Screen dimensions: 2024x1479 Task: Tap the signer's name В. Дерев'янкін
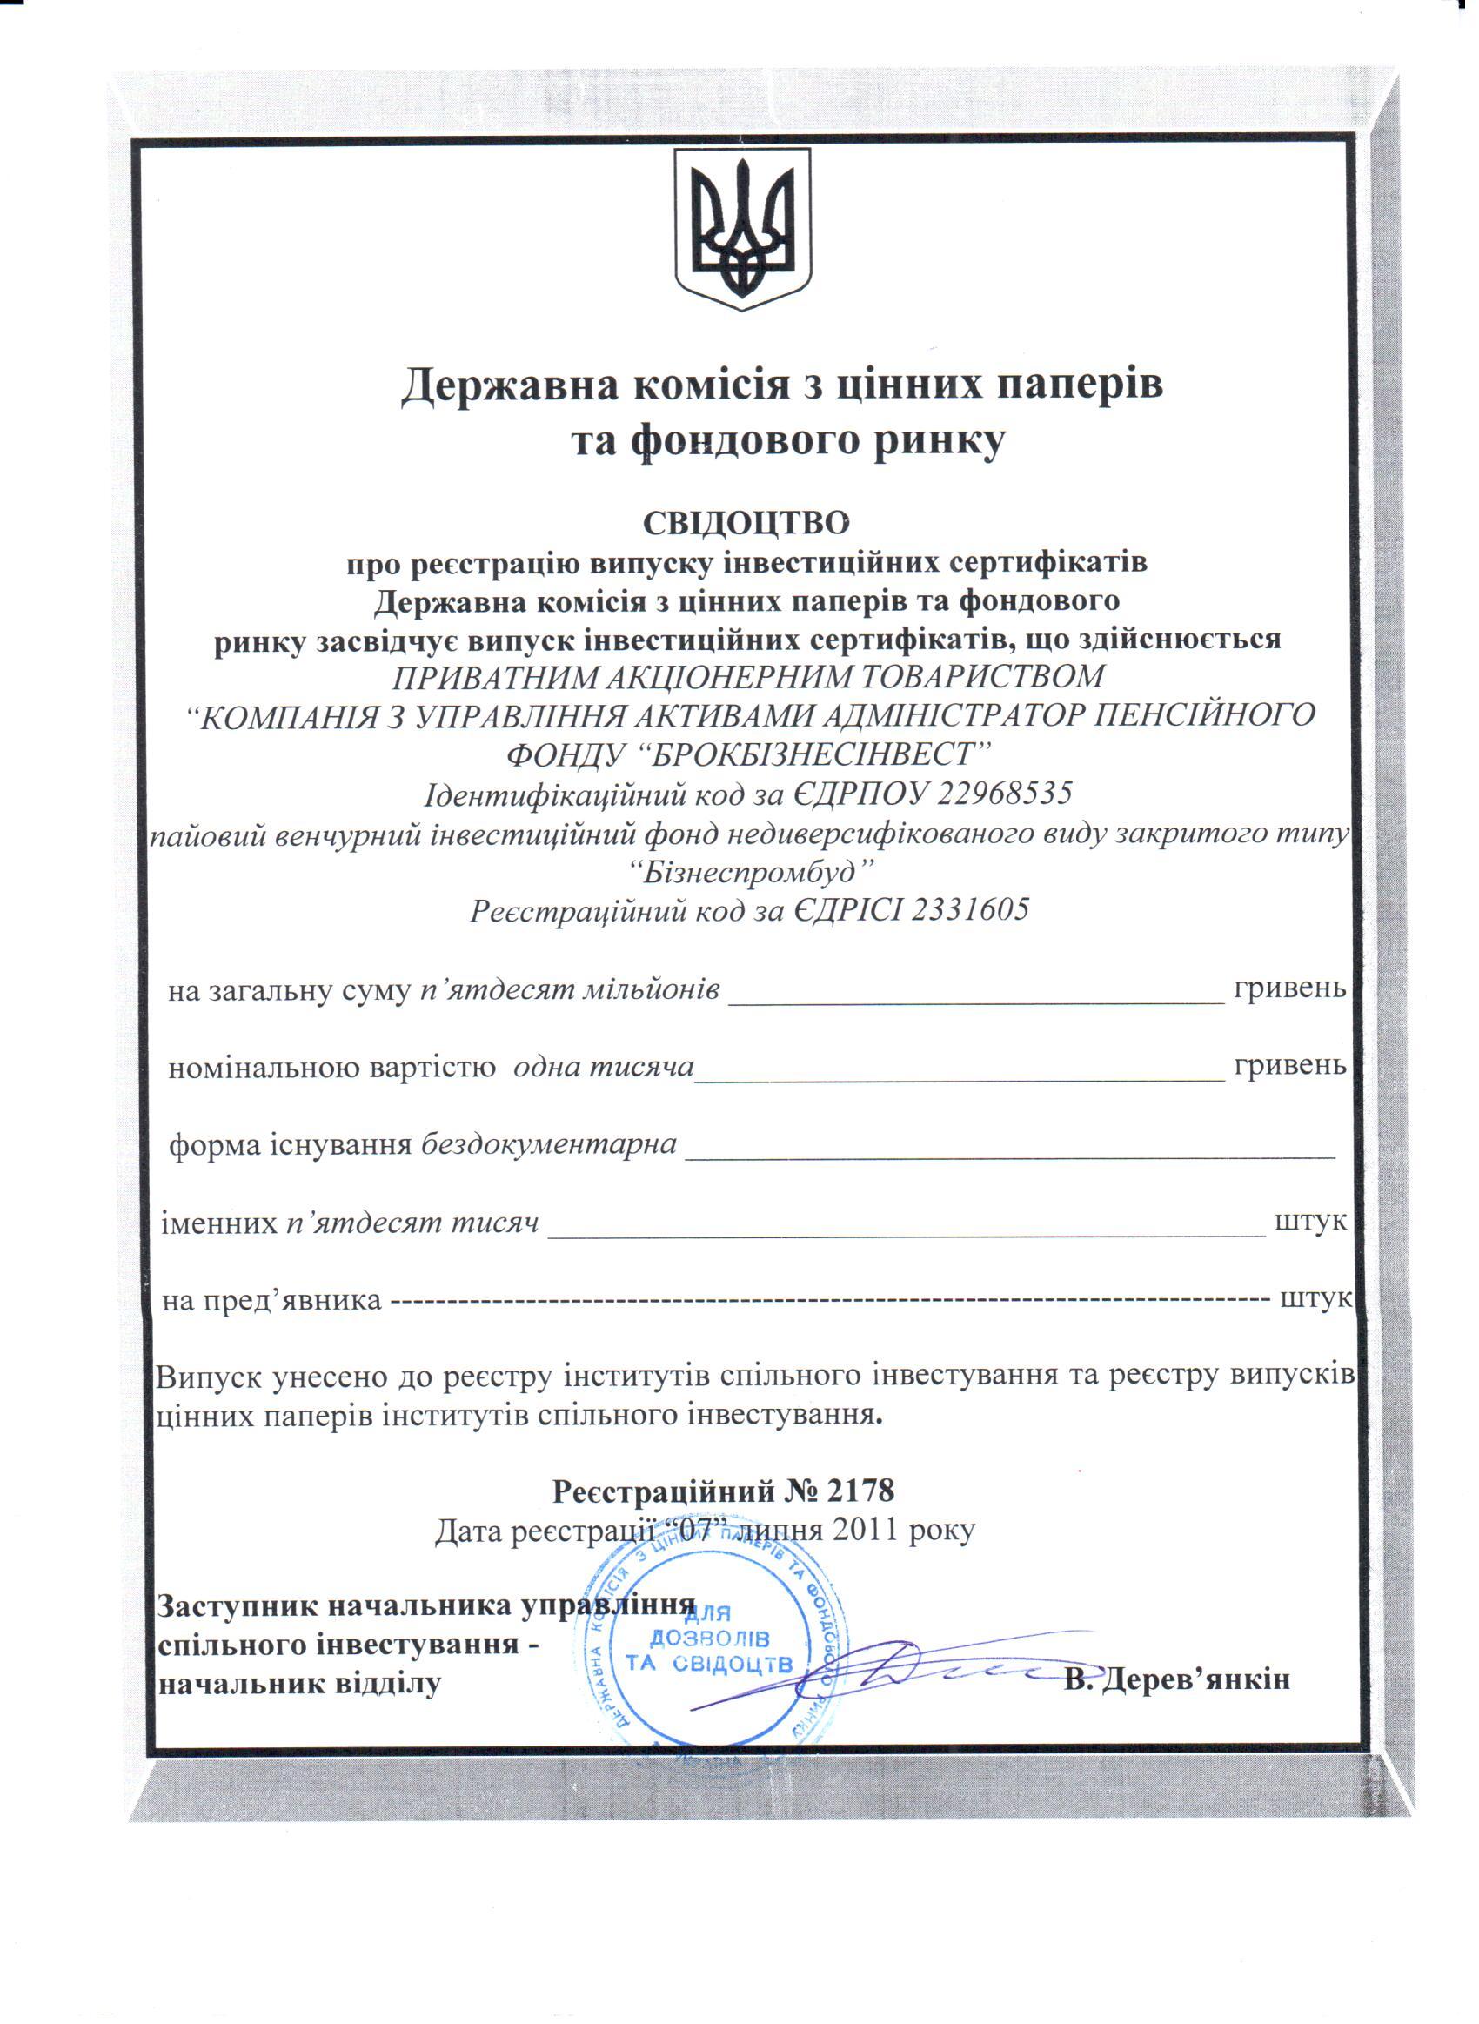pyautogui.click(x=1176, y=1679)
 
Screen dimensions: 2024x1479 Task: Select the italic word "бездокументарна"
pyautogui.click(x=549, y=1145)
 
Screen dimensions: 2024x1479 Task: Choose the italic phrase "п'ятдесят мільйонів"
pyautogui.click(x=569, y=989)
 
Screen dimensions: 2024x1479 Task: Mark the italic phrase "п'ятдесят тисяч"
pyautogui.click(x=412, y=1223)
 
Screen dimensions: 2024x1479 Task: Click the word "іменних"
pyautogui.click(x=219, y=1223)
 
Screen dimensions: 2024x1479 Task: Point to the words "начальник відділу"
pyautogui.click(x=299, y=1684)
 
